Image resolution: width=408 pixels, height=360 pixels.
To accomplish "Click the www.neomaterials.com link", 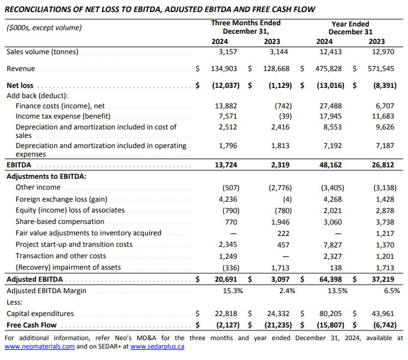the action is pyautogui.click(x=40, y=347).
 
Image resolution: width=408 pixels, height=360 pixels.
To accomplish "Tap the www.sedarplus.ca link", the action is pyautogui.click(x=157, y=347).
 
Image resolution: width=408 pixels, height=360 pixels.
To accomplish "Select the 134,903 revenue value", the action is pyautogui.click(x=224, y=69).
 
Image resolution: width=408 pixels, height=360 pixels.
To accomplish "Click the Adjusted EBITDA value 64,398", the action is pyautogui.click(x=330, y=279).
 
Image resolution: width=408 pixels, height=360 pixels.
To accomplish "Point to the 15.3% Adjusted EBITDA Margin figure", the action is pyautogui.click(x=233, y=291).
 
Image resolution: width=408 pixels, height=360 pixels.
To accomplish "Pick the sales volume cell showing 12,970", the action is pyautogui.click(x=383, y=52).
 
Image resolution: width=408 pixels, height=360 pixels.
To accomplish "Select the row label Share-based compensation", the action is pyautogui.click(x=60, y=222).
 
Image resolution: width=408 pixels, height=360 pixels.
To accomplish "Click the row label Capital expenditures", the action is pyautogui.click(x=40, y=314).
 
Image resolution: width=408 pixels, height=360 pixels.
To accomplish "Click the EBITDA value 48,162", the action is pyautogui.click(x=330, y=165).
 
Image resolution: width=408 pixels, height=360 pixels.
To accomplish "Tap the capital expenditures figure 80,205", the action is pyautogui.click(x=330, y=314).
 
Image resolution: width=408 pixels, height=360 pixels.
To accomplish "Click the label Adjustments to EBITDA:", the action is pyautogui.click(x=46, y=176).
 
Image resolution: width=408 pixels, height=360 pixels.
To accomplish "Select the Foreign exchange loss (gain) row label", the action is pyautogui.click(x=61, y=199).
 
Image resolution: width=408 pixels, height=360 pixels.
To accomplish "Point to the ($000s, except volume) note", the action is pyautogui.click(x=44, y=28).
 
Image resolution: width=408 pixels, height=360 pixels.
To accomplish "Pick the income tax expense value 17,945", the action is pyautogui.click(x=330, y=116).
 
